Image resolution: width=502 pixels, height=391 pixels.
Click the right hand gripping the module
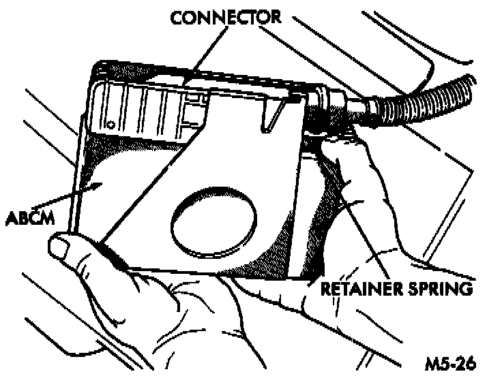coord(355,177)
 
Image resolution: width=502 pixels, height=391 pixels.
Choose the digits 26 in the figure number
coord(464,364)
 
